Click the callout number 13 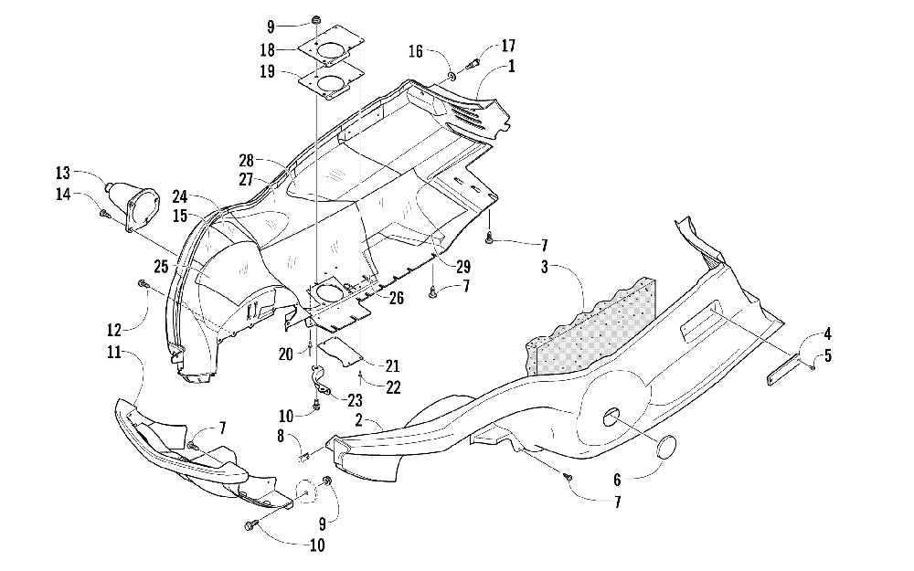click(62, 173)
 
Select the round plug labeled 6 click(666, 447)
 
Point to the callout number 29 click(463, 267)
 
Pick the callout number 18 click(268, 49)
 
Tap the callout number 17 click(508, 46)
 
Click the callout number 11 click(113, 353)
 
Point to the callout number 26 click(397, 299)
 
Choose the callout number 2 click(359, 419)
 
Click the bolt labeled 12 click(142, 284)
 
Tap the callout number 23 click(355, 400)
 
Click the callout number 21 click(393, 365)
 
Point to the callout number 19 click(268, 71)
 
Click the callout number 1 click(512, 67)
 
